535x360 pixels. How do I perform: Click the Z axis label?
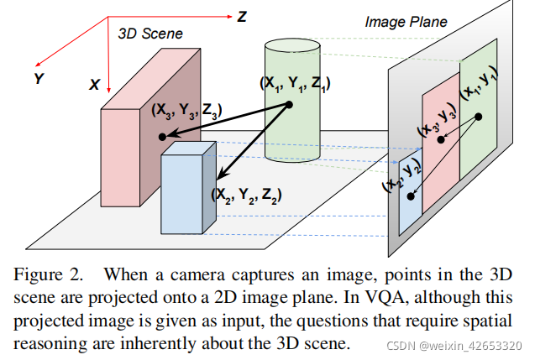click(242, 17)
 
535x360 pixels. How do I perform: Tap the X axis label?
click(94, 85)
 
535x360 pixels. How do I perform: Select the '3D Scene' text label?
click(150, 34)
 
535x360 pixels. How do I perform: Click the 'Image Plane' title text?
click(406, 22)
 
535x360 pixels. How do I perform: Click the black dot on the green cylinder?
click(289, 104)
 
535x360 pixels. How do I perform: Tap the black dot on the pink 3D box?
click(160, 136)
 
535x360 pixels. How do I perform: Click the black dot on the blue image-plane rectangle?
click(411, 196)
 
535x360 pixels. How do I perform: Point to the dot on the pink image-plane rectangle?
click(440, 140)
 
